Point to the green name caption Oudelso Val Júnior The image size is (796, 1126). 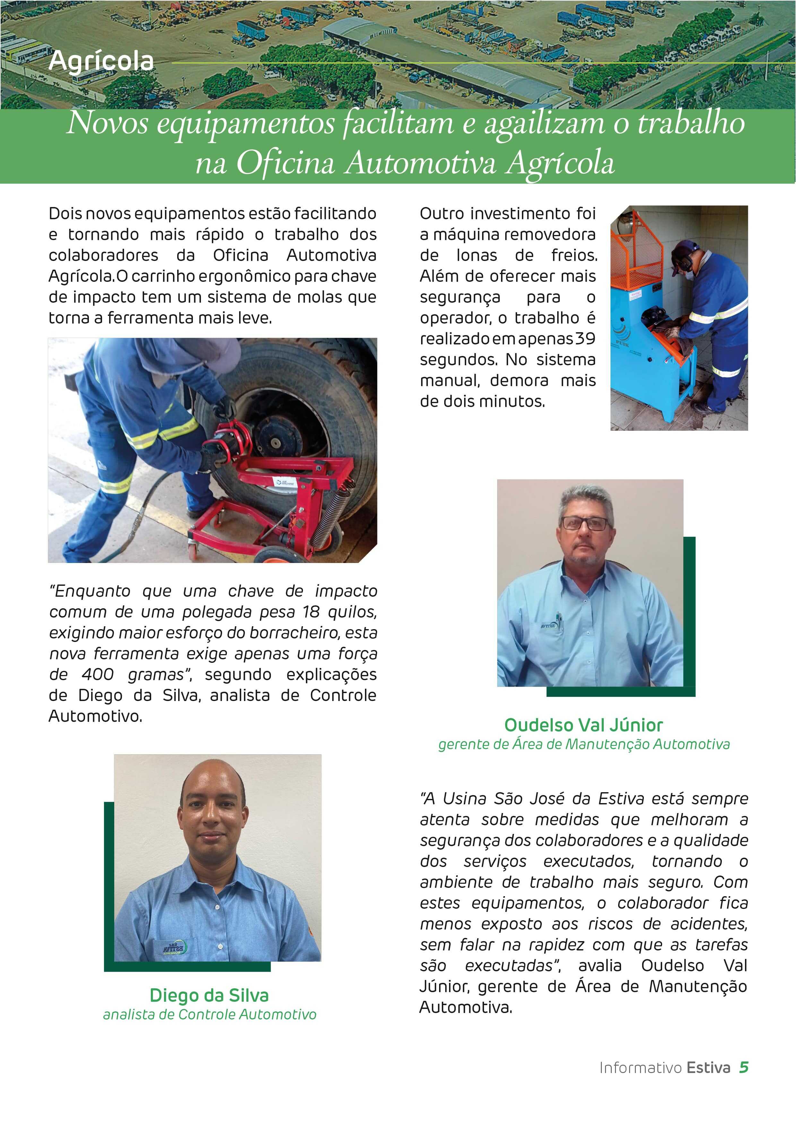583,724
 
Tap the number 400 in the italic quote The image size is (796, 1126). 98,674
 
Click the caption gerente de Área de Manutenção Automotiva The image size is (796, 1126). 584,744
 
